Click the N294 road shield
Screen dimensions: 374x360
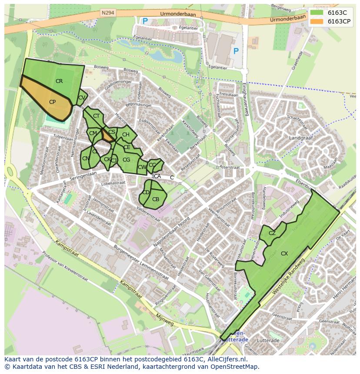pos(108,13)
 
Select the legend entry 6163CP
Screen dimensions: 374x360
pos(339,21)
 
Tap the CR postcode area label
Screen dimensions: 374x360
pos(59,81)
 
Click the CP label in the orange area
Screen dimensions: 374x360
pos(52,102)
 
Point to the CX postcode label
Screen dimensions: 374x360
pos(284,253)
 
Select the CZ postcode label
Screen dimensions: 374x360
pos(272,233)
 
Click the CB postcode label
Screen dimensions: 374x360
pos(156,199)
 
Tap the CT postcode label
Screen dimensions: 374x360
pos(97,116)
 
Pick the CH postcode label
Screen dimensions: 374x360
pos(126,135)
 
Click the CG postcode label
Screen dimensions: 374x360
pos(126,160)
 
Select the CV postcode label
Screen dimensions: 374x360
pos(81,98)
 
